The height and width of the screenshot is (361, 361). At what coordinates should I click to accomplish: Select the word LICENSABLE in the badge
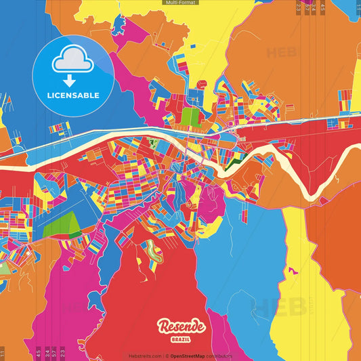click(x=73, y=95)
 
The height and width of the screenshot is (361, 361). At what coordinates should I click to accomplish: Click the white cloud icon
click(x=73, y=61)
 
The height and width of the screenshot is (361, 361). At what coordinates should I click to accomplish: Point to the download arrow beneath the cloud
click(x=73, y=79)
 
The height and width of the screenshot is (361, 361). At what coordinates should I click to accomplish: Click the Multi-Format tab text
click(x=180, y=3)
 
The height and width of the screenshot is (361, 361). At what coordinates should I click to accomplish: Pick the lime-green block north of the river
click(x=190, y=116)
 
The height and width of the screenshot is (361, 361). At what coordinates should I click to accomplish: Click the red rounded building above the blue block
click(x=200, y=85)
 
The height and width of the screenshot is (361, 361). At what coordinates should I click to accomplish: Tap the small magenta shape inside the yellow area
click(x=293, y=271)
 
